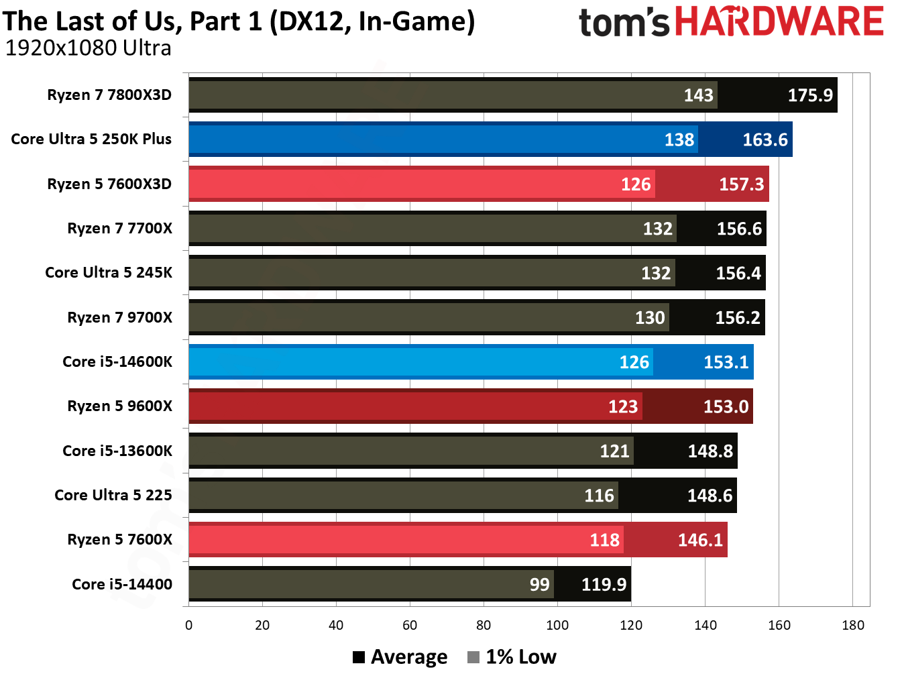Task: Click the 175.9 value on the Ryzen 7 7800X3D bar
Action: (810, 95)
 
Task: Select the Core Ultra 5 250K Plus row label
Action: (91, 139)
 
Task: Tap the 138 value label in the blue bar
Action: (679, 139)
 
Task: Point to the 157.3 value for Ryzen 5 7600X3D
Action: (741, 184)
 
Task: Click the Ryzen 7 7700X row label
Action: (119, 229)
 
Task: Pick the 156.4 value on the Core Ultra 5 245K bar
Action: (738, 273)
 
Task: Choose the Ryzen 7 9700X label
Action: (119, 318)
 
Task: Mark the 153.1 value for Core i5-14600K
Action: (726, 362)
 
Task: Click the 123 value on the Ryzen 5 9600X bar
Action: (623, 406)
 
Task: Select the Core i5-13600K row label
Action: (117, 451)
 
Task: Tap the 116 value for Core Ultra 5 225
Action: (599, 496)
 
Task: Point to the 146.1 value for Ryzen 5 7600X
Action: (700, 540)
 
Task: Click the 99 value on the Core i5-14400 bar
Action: (539, 585)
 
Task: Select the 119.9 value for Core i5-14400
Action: (604, 585)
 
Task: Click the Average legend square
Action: (359, 657)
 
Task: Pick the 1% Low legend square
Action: (473, 657)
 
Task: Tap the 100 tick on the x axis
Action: (557, 626)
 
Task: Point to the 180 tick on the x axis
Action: (852, 626)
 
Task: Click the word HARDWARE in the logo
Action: (779, 21)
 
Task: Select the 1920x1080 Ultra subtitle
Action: (88, 48)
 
